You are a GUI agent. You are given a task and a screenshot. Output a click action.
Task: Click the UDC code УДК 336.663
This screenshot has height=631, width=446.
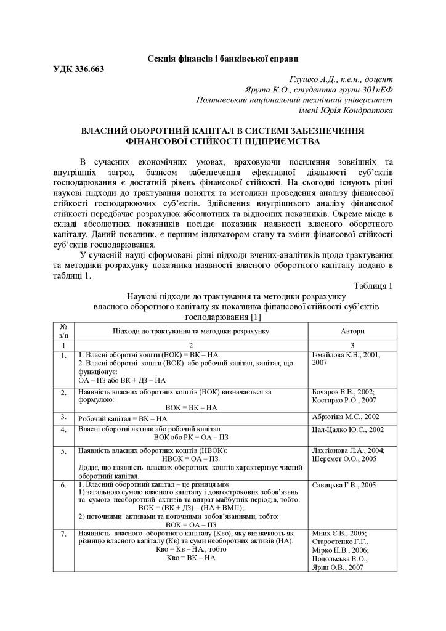coord(79,68)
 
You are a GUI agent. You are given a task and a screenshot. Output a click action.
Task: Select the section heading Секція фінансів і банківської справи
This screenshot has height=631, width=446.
coord(222,59)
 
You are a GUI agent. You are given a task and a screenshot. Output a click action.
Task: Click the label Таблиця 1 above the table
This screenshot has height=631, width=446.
coord(373,286)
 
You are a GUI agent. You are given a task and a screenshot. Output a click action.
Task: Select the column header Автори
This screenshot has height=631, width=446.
coord(352,331)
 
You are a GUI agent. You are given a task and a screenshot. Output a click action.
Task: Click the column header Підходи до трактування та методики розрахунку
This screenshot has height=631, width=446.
coord(190,331)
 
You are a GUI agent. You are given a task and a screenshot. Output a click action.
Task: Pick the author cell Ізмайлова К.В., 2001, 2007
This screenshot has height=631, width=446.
coord(346,359)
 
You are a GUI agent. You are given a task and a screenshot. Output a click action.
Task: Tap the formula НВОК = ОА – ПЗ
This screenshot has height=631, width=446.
coord(190,459)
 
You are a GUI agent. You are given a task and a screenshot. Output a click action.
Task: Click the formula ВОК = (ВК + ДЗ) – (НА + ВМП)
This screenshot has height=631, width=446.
coord(190,508)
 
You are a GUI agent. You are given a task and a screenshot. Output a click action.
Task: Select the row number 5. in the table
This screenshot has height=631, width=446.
coord(63,452)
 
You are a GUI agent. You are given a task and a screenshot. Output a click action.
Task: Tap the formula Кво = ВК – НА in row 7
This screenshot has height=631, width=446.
coord(190,558)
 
